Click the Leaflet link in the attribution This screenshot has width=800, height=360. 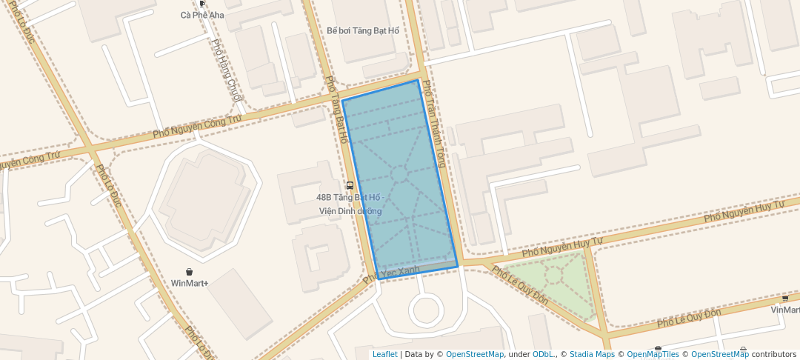tap(384, 354)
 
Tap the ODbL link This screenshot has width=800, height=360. tap(542, 354)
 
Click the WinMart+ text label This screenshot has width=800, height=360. tap(190, 283)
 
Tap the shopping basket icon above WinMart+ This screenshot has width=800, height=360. tap(190, 272)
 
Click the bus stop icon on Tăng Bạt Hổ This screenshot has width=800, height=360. tap(350, 185)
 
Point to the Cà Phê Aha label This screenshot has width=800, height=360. tap(202, 15)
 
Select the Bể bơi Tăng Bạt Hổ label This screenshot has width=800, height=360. tap(363, 30)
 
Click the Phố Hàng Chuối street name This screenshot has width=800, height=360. tap(227, 70)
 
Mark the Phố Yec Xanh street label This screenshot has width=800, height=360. tap(392, 274)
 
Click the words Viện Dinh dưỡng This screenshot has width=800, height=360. tap(350, 211)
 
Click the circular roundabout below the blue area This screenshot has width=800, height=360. tap(427, 310)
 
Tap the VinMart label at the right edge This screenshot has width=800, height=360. tap(785, 310)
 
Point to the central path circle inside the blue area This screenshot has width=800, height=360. tap(399, 174)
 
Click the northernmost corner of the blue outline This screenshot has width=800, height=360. tap(419, 80)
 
